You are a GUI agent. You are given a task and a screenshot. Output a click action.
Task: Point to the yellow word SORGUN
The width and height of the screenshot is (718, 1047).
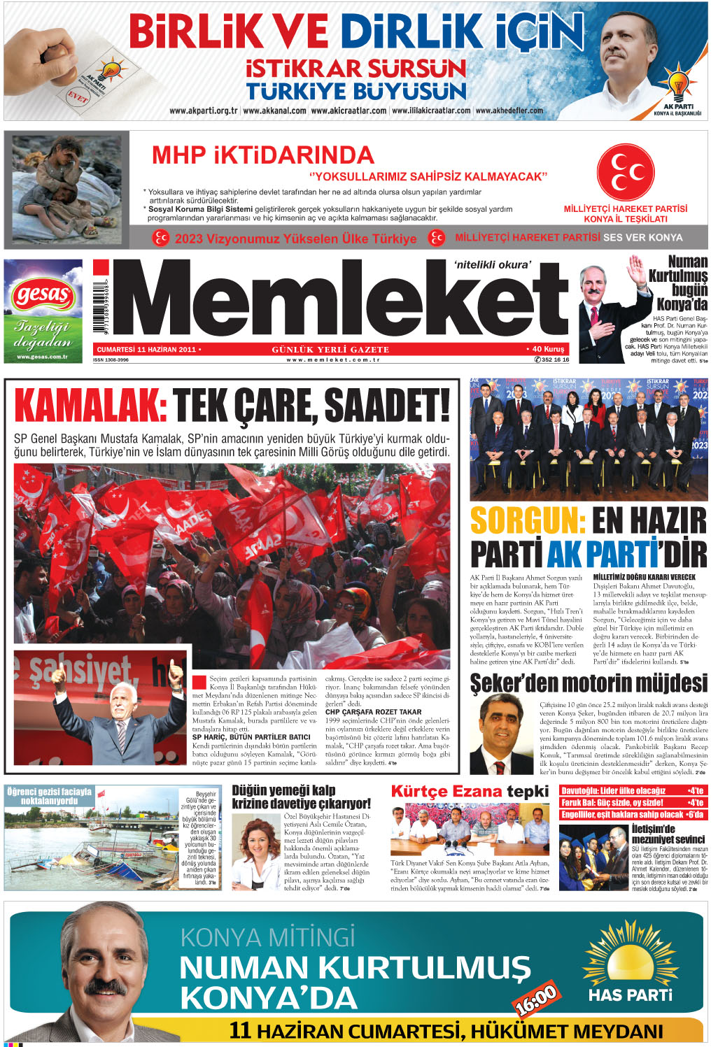[x=528, y=521]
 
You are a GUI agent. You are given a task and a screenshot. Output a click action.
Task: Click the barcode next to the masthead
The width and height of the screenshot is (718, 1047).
[x=100, y=307]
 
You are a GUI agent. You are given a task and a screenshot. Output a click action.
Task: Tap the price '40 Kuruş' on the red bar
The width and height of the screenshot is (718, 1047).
[x=547, y=349]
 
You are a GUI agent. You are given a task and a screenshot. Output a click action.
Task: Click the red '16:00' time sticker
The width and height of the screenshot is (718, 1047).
[x=536, y=999]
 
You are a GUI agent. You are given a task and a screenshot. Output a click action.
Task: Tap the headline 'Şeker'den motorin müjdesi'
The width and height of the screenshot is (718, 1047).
[x=588, y=683]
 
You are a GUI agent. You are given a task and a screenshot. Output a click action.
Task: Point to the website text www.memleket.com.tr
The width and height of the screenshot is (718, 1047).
[x=333, y=359]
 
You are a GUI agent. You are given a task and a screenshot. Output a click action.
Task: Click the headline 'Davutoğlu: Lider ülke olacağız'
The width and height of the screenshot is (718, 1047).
[x=613, y=791]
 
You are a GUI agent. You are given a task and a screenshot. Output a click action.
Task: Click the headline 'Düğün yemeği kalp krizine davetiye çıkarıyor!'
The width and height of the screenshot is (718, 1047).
[x=301, y=797]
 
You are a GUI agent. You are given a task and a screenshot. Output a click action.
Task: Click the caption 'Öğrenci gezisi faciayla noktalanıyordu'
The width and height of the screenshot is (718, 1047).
[x=49, y=796]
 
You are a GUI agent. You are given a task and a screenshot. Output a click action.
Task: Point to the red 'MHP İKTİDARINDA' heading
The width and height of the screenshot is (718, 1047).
[x=262, y=155]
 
